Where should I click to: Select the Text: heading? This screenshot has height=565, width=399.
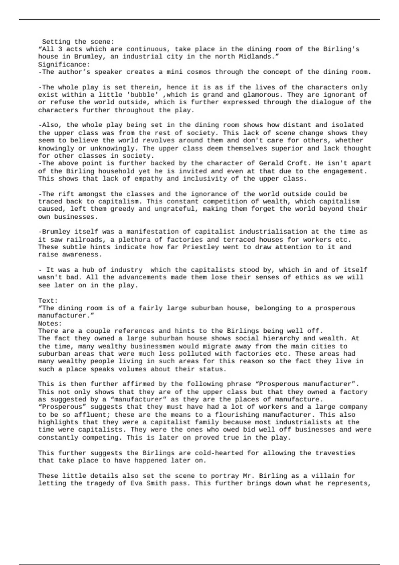(x=48, y=300)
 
